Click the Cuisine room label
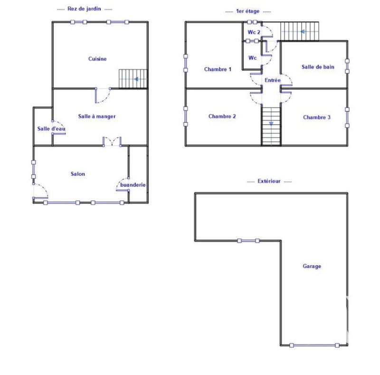tap(97, 59)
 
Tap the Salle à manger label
tap(97, 116)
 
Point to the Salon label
tap(78, 174)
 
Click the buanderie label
tap(133, 185)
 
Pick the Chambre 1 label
tap(218, 69)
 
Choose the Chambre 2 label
tap(222, 117)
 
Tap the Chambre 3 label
tap(317, 117)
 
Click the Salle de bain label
tap(318, 67)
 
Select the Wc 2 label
tap(254, 32)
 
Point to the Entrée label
tap(273, 80)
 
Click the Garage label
tap(312, 266)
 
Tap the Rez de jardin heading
tap(85, 9)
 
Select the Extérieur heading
tap(269, 182)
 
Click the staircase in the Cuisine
tap(133, 79)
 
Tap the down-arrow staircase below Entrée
tap(271, 126)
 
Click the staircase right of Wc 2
tap(299, 31)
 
